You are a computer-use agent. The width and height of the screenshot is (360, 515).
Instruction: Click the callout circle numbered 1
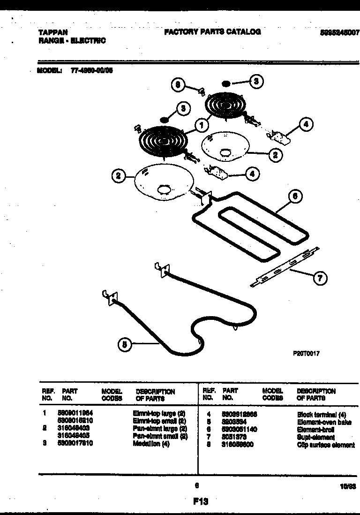[x=202, y=125]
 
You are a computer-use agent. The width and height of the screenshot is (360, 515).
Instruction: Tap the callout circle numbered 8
[x=178, y=85]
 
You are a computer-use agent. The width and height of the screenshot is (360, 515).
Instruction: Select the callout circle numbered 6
[x=294, y=197]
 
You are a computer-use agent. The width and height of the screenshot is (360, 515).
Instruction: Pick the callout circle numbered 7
[x=320, y=278]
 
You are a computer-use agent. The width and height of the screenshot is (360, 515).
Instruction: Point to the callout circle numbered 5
[x=124, y=345]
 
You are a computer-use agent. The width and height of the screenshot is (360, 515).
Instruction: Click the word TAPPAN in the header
[x=52, y=33]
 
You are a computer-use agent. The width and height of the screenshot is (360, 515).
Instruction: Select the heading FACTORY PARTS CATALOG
[x=212, y=32]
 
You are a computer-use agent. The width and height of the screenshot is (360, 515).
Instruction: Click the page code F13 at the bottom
[x=200, y=501]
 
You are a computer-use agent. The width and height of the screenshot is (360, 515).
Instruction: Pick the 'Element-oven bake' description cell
[x=324, y=422]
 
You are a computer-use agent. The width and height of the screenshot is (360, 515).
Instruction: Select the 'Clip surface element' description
[x=326, y=445]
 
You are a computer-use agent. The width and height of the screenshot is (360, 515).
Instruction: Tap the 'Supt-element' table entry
[x=316, y=437]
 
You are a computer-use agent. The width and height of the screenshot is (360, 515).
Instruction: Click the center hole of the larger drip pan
[x=165, y=189]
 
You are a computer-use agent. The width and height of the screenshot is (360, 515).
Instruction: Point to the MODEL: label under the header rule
[x=49, y=71]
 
